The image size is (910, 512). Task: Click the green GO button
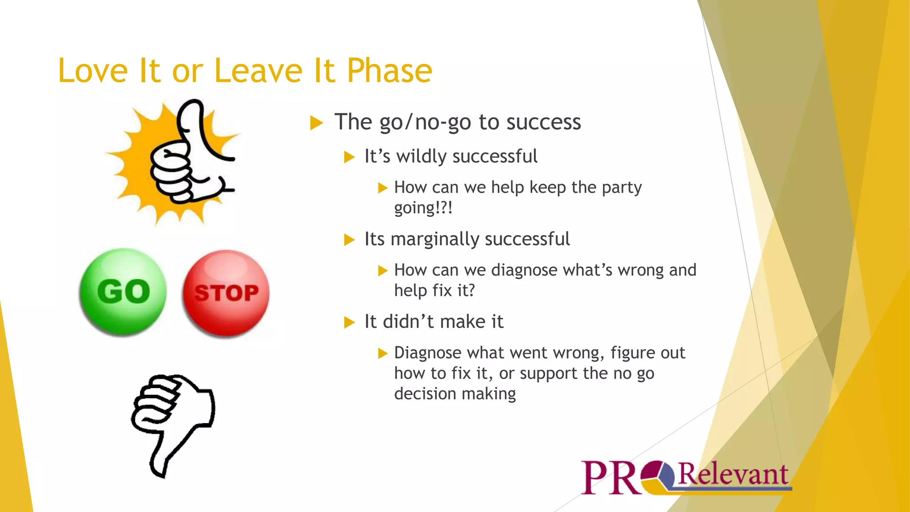click(123, 292)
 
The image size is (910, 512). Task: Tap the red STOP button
click(226, 293)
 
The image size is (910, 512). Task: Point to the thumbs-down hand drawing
click(173, 422)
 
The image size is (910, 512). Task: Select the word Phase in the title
click(389, 71)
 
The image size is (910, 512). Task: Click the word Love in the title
click(93, 71)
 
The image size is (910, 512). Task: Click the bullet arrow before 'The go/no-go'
click(316, 123)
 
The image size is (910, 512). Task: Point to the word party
click(622, 188)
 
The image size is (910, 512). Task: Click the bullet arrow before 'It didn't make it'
click(350, 322)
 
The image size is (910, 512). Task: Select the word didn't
click(408, 322)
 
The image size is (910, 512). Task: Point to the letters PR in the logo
click(610, 478)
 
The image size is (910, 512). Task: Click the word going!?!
click(423, 208)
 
